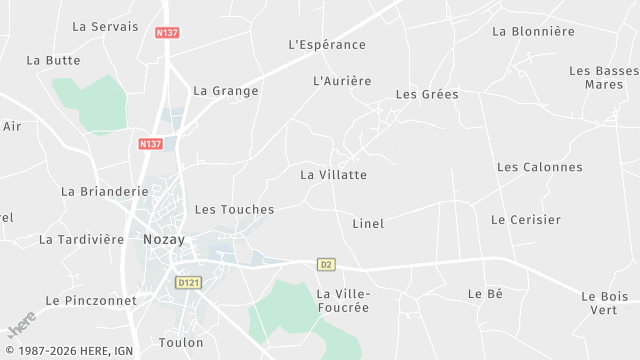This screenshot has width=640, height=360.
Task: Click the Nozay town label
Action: (x=164, y=240)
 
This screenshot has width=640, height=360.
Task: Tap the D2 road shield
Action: (x=326, y=265)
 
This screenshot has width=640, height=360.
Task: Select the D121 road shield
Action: (x=187, y=283)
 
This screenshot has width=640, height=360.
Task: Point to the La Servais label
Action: (x=106, y=26)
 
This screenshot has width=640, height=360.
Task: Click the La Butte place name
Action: (x=54, y=60)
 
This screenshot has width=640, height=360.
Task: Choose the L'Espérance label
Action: (x=327, y=45)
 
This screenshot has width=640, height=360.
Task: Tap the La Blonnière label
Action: (x=534, y=31)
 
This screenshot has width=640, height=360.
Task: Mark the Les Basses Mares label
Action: (x=604, y=78)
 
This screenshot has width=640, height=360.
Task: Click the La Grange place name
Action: (x=226, y=91)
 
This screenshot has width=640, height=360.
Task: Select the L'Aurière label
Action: (x=342, y=81)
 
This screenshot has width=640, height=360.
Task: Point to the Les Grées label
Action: (x=427, y=95)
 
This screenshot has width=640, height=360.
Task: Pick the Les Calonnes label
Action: (x=540, y=167)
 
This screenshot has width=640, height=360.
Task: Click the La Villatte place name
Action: (x=334, y=175)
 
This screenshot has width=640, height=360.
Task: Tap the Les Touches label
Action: (x=234, y=210)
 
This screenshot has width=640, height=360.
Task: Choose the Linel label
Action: (x=368, y=224)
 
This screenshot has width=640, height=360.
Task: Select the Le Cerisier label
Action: (x=526, y=219)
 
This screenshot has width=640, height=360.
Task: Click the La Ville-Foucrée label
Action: (x=343, y=300)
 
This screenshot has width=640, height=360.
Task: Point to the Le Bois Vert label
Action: (x=604, y=303)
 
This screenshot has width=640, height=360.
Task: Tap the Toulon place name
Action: (x=181, y=343)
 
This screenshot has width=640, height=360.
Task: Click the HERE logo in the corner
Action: (x=21, y=324)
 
